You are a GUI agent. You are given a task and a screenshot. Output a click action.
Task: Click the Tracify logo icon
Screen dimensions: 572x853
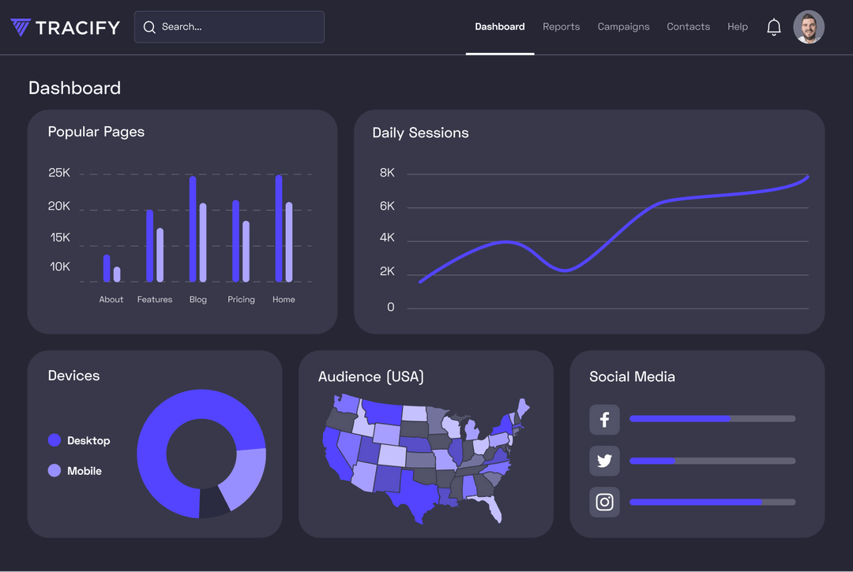pos(21,28)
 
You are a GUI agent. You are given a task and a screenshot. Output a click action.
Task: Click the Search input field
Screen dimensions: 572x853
pos(229,27)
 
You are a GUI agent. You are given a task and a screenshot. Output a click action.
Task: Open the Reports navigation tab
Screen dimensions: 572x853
pos(561,27)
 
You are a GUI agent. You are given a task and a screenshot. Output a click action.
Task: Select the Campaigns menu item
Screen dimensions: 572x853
pos(623,27)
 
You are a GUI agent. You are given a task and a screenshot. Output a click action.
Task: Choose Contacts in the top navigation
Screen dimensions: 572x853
pos(688,27)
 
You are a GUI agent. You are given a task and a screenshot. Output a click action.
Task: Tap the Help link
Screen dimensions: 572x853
pos(737,27)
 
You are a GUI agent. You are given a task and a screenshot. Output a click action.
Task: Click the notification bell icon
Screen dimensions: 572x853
pos(774,27)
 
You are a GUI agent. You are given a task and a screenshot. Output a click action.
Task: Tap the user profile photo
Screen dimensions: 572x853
pos(809,27)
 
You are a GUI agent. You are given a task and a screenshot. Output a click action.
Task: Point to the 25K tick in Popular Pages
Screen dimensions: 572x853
pos(59,173)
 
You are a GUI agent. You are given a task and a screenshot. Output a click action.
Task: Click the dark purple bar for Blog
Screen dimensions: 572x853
pos(193,229)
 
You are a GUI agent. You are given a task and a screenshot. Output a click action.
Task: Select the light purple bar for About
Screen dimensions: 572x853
pos(117,274)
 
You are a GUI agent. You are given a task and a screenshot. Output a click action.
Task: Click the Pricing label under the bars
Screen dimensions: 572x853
pos(241,300)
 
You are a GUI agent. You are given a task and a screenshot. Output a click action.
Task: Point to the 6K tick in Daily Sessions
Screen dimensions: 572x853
pos(387,207)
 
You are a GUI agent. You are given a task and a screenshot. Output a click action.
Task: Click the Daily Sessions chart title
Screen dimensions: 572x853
pos(420,133)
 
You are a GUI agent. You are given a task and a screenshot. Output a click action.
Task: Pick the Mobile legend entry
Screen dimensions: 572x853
pos(84,471)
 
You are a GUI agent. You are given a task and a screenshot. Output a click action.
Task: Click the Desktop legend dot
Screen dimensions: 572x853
pos(54,440)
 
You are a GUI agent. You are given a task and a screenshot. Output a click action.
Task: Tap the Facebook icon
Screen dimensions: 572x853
pos(604,420)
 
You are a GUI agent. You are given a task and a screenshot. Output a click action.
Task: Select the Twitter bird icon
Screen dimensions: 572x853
pos(604,461)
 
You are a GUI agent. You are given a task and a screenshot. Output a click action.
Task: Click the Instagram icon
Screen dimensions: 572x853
pos(604,502)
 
